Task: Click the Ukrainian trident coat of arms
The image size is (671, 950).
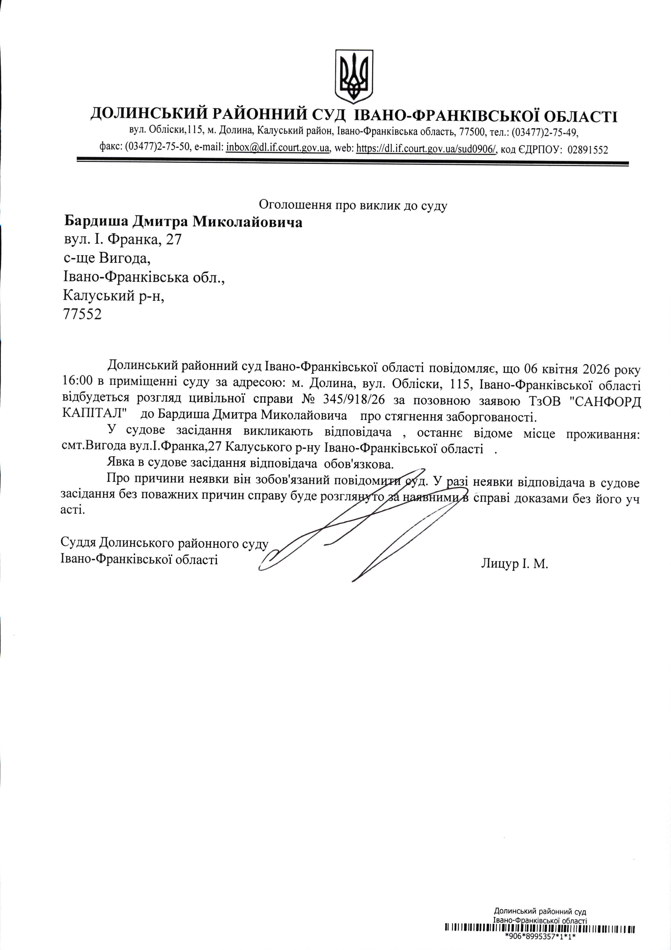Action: [354, 76]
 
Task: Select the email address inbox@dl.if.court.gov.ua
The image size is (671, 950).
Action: [278, 148]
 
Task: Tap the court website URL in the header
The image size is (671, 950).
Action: [426, 149]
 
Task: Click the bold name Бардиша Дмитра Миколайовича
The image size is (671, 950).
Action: [183, 222]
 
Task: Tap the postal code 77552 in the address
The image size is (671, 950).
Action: [82, 314]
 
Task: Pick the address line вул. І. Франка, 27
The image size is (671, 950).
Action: [122, 240]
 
